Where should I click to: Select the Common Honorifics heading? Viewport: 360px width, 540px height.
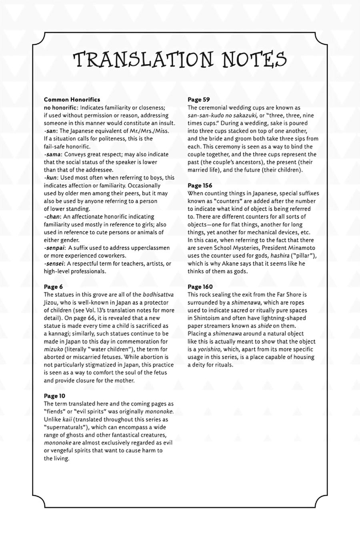(72, 100)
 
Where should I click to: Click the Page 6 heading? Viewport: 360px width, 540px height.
(53, 287)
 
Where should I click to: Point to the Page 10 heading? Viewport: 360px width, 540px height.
(54, 396)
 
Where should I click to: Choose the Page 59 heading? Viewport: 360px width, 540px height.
(199, 100)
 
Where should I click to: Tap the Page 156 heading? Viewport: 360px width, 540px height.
(200, 186)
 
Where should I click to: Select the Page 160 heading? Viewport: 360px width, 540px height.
(200, 287)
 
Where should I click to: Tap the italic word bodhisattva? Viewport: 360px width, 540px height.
(158, 295)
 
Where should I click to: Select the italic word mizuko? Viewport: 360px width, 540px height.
(53, 349)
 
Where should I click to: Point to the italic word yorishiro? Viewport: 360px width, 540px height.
(211, 349)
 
